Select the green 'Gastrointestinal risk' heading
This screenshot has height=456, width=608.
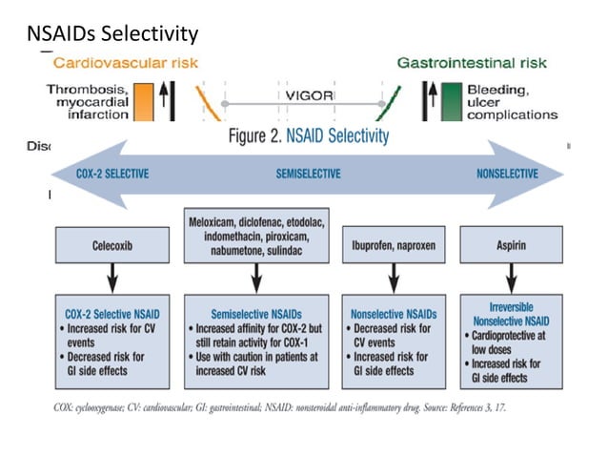click(472, 64)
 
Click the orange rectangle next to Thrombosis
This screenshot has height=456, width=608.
click(144, 100)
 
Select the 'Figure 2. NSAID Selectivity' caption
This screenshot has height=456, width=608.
click(309, 135)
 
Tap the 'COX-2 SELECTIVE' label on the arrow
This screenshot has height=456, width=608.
click(111, 175)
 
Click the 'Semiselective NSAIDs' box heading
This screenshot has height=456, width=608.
click(254, 313)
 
